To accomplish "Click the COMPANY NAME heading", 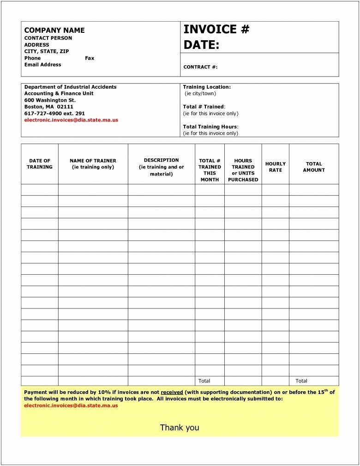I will [x=54, y=30].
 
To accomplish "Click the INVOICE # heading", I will [x=216, y=30].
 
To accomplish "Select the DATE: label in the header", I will [x=201, y=45].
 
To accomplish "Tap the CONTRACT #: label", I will [x=200, y=67].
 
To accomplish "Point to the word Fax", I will [x=90, y=58].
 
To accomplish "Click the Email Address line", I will [x=42, y=65].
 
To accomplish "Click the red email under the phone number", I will [x=71, y=120].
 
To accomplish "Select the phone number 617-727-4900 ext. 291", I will [x=54, y=113].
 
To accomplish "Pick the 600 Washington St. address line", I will [x=50, y=100].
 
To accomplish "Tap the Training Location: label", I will [x=207, y=87].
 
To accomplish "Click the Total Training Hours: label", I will [x=210, y=127].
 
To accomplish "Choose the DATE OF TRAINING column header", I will [x=40, y=163].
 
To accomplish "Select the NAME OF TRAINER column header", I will [x=93, y=163].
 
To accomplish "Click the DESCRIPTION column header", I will [x=161, y=167].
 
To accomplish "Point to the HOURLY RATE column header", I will [x=276, y=167].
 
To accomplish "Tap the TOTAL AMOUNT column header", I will [x=314, y=167].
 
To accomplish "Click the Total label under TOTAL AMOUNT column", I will [x=301, y=381].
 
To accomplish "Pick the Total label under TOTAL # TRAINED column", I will [x=204, y=381].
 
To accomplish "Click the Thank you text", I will [x=180, y=427].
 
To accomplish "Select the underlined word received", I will [x=172, y=392].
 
